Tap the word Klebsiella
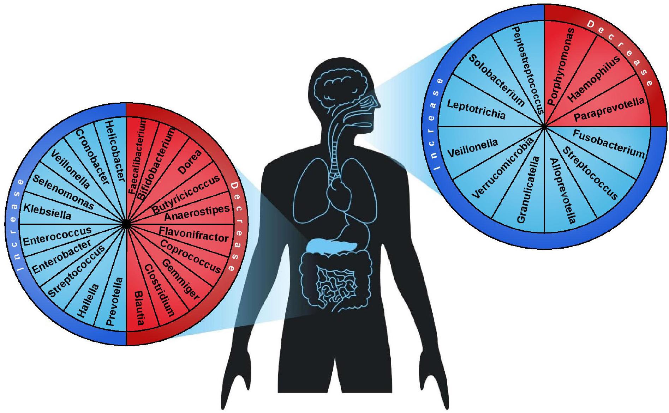[x=47, y=212]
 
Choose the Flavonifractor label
[x=194, y=234]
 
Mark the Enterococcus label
[x=57, y=236]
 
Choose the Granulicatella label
[x=528, y=190]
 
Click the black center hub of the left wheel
[x=126, y=224]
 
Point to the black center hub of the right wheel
[x=544, y=126]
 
